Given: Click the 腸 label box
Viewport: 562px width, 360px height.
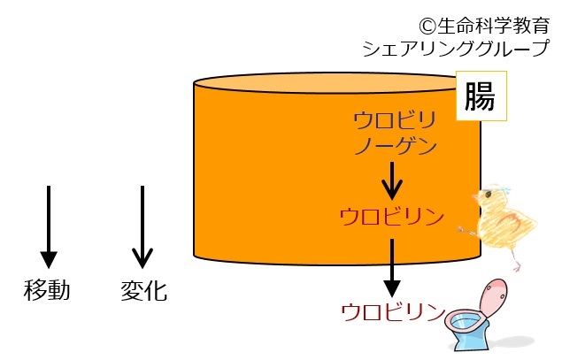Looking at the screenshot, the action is [x=481, y=96].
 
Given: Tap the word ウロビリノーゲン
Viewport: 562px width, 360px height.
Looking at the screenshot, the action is [x=395, y=134].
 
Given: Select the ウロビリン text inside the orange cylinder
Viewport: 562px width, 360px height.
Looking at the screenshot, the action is [x=392, y=217].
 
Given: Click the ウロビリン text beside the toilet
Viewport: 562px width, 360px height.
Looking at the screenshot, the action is [x=393, y=312].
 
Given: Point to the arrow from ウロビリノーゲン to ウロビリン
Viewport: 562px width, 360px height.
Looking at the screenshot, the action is [x=392, y=180].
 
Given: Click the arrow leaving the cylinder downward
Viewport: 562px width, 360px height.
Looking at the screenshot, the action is [x=392, y=267].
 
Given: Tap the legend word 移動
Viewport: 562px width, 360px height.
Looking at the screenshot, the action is [x=47, y=290].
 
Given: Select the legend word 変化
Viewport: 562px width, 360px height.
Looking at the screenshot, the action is [x=143, y=290].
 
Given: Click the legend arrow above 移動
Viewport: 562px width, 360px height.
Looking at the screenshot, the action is [x=49, y=226].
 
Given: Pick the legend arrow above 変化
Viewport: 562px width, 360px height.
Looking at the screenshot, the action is [x=142, y=226].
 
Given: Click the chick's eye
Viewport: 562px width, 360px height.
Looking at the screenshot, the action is [x=488, y=195].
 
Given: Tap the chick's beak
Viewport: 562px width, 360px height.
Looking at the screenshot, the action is [x=475, y=198].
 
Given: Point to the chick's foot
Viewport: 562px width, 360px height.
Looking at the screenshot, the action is [x=516, y=267].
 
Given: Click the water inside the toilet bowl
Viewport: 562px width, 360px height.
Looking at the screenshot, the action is [x=465, y=322].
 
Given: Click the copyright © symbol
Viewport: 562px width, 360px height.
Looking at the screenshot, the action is [x=427, y=27].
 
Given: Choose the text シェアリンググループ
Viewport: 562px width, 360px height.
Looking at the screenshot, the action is [x=456, y=48].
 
